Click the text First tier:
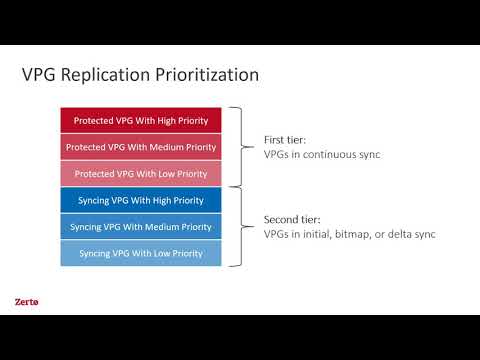tap(285, 141)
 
